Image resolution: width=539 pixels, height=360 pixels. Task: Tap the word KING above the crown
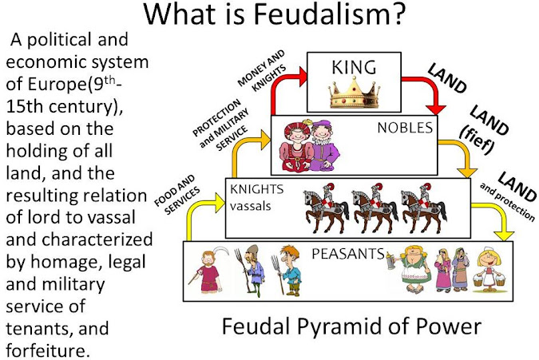click(354, 67)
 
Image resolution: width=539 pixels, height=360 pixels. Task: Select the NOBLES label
click(405, 128)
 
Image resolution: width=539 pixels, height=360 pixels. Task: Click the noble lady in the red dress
click(296, 146)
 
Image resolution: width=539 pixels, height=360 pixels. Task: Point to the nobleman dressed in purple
click(324, 145)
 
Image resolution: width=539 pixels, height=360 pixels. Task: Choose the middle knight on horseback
click(374, 208)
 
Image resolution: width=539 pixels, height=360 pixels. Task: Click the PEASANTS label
click(348, 254)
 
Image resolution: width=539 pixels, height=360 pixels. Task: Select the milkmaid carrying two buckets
click(489, 269)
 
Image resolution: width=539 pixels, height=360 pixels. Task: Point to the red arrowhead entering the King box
click(303, 77)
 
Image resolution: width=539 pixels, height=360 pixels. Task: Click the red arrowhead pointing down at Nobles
click(435, 109)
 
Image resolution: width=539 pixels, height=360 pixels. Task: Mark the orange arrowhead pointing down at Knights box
click(466, 172)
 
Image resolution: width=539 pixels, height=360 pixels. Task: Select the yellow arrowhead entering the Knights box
click(220, 203)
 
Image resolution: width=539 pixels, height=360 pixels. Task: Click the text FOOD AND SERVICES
click(177, 195)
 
